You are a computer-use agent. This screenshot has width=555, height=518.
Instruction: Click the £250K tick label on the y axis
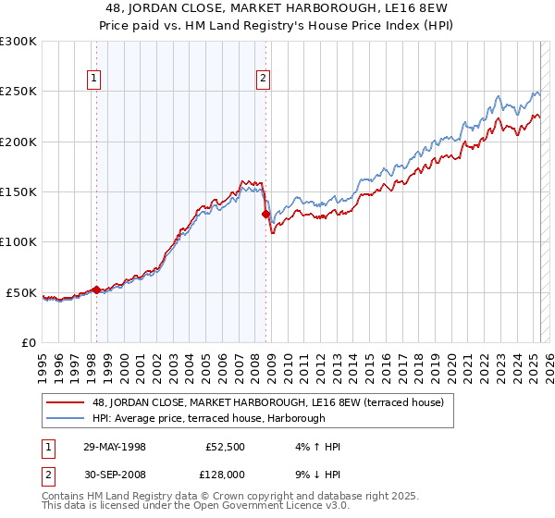click(18, 92)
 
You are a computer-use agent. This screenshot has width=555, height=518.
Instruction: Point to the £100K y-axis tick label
click(18, 242)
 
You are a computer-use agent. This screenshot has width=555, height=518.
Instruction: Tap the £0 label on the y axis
click(29, 342)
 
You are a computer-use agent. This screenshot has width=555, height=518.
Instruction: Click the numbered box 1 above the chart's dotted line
click(95, 80)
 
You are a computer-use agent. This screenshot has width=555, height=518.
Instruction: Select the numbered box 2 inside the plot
click(264, 80)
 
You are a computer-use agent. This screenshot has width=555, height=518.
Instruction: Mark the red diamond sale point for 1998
click(96, 290)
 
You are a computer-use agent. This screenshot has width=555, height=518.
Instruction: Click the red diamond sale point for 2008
click(265, 214)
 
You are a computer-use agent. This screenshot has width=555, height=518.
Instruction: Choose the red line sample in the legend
click(67, 402)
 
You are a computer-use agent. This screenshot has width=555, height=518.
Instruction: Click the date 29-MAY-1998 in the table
click(115, 447)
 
